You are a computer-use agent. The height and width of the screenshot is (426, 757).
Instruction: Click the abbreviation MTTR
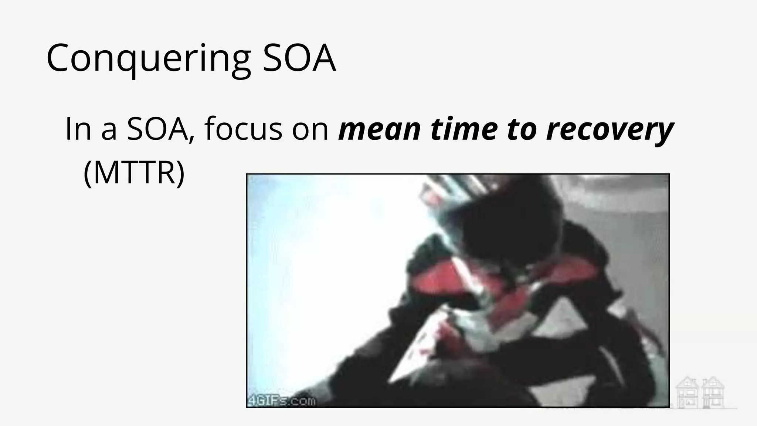tap(134, 173)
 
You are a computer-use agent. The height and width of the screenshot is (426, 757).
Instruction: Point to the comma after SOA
tap(191, 139)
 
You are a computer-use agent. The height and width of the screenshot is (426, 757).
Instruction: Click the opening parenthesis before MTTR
tap(88, 173)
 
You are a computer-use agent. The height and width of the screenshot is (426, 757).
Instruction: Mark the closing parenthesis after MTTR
tap(180, 173)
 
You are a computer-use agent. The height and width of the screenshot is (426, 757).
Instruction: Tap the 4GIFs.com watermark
tap(282, 401)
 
